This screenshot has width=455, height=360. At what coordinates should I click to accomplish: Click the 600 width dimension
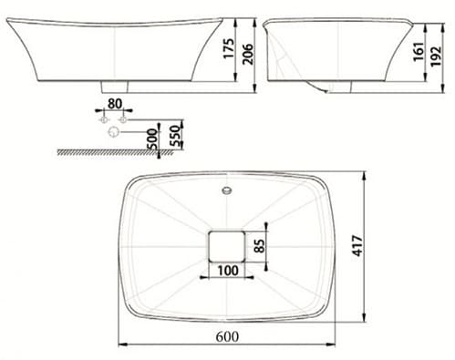pos(227,335)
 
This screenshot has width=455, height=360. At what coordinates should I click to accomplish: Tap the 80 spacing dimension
pos(114,104)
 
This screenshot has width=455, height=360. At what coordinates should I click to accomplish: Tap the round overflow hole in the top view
pos(226,190)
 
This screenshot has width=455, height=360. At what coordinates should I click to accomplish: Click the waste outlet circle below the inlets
pos(113,133)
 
